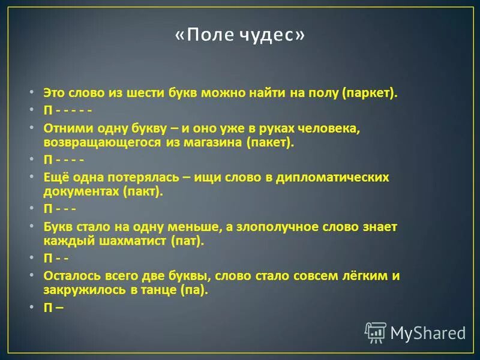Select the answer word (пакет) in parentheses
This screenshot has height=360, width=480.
click(270, 143)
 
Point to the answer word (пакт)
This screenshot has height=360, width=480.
click(143, 193)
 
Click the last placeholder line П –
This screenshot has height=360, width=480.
click(53, 307)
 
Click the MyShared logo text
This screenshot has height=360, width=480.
click(428, 332)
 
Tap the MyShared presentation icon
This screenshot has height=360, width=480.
click(376, 332)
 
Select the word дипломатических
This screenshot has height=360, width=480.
click(331, 178)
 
